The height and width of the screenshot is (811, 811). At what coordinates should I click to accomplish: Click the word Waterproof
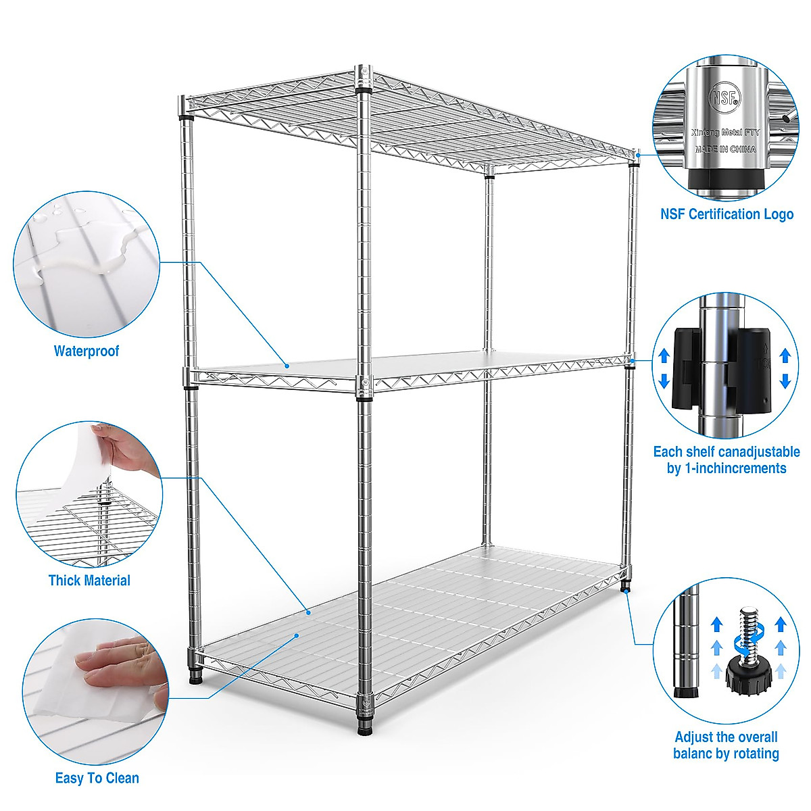tap(87, 351)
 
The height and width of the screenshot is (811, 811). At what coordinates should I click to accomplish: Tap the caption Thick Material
tap(89, 580)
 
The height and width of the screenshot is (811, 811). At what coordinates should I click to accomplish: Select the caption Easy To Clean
tap(97, 778)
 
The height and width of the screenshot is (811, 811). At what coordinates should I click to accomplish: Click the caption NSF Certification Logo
tap(727, 214)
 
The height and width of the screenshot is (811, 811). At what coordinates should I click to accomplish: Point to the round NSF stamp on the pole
tap(724, 98)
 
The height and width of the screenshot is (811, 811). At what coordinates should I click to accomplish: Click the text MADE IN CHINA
tap(725, 149)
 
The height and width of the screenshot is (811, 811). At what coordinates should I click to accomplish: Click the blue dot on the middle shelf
tap(287, 366)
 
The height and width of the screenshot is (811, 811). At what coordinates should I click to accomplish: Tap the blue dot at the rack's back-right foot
tap(627, 591)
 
